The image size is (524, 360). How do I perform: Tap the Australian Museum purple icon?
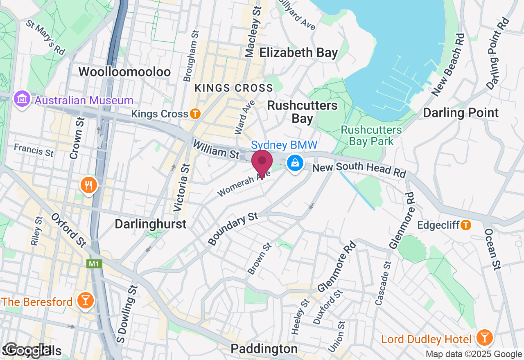[x=21, y=99]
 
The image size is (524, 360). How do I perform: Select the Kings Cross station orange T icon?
[x=195, y=114]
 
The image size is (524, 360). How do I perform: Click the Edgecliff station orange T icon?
[x=465, y=225]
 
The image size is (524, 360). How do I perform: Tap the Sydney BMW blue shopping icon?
[x=295, y=163]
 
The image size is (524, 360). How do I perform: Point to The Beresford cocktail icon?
[x=86, y=301]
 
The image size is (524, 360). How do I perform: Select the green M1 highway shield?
[x=94, y=264]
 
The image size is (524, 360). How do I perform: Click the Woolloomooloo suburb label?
[x=124, y=72]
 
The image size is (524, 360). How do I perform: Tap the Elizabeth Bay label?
[x=299, y=52]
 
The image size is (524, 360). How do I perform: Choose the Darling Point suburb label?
[x=461, y=113]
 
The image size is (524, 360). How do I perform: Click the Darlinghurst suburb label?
[x=151, y=224]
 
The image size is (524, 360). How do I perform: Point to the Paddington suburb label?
[x=264, y=349]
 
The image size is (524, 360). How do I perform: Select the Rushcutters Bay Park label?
[x=371, y=135]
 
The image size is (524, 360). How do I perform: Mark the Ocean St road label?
[x=493, y=249]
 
